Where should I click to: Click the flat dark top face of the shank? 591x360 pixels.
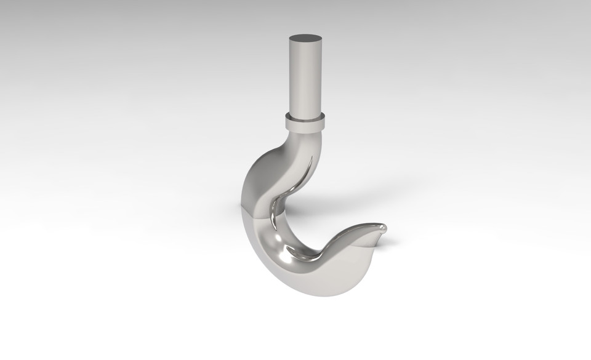[305, 38]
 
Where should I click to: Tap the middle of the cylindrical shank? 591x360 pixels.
[305, 77]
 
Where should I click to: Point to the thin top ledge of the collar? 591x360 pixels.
[305, 115]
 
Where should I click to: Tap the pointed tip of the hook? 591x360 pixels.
[385, 228]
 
